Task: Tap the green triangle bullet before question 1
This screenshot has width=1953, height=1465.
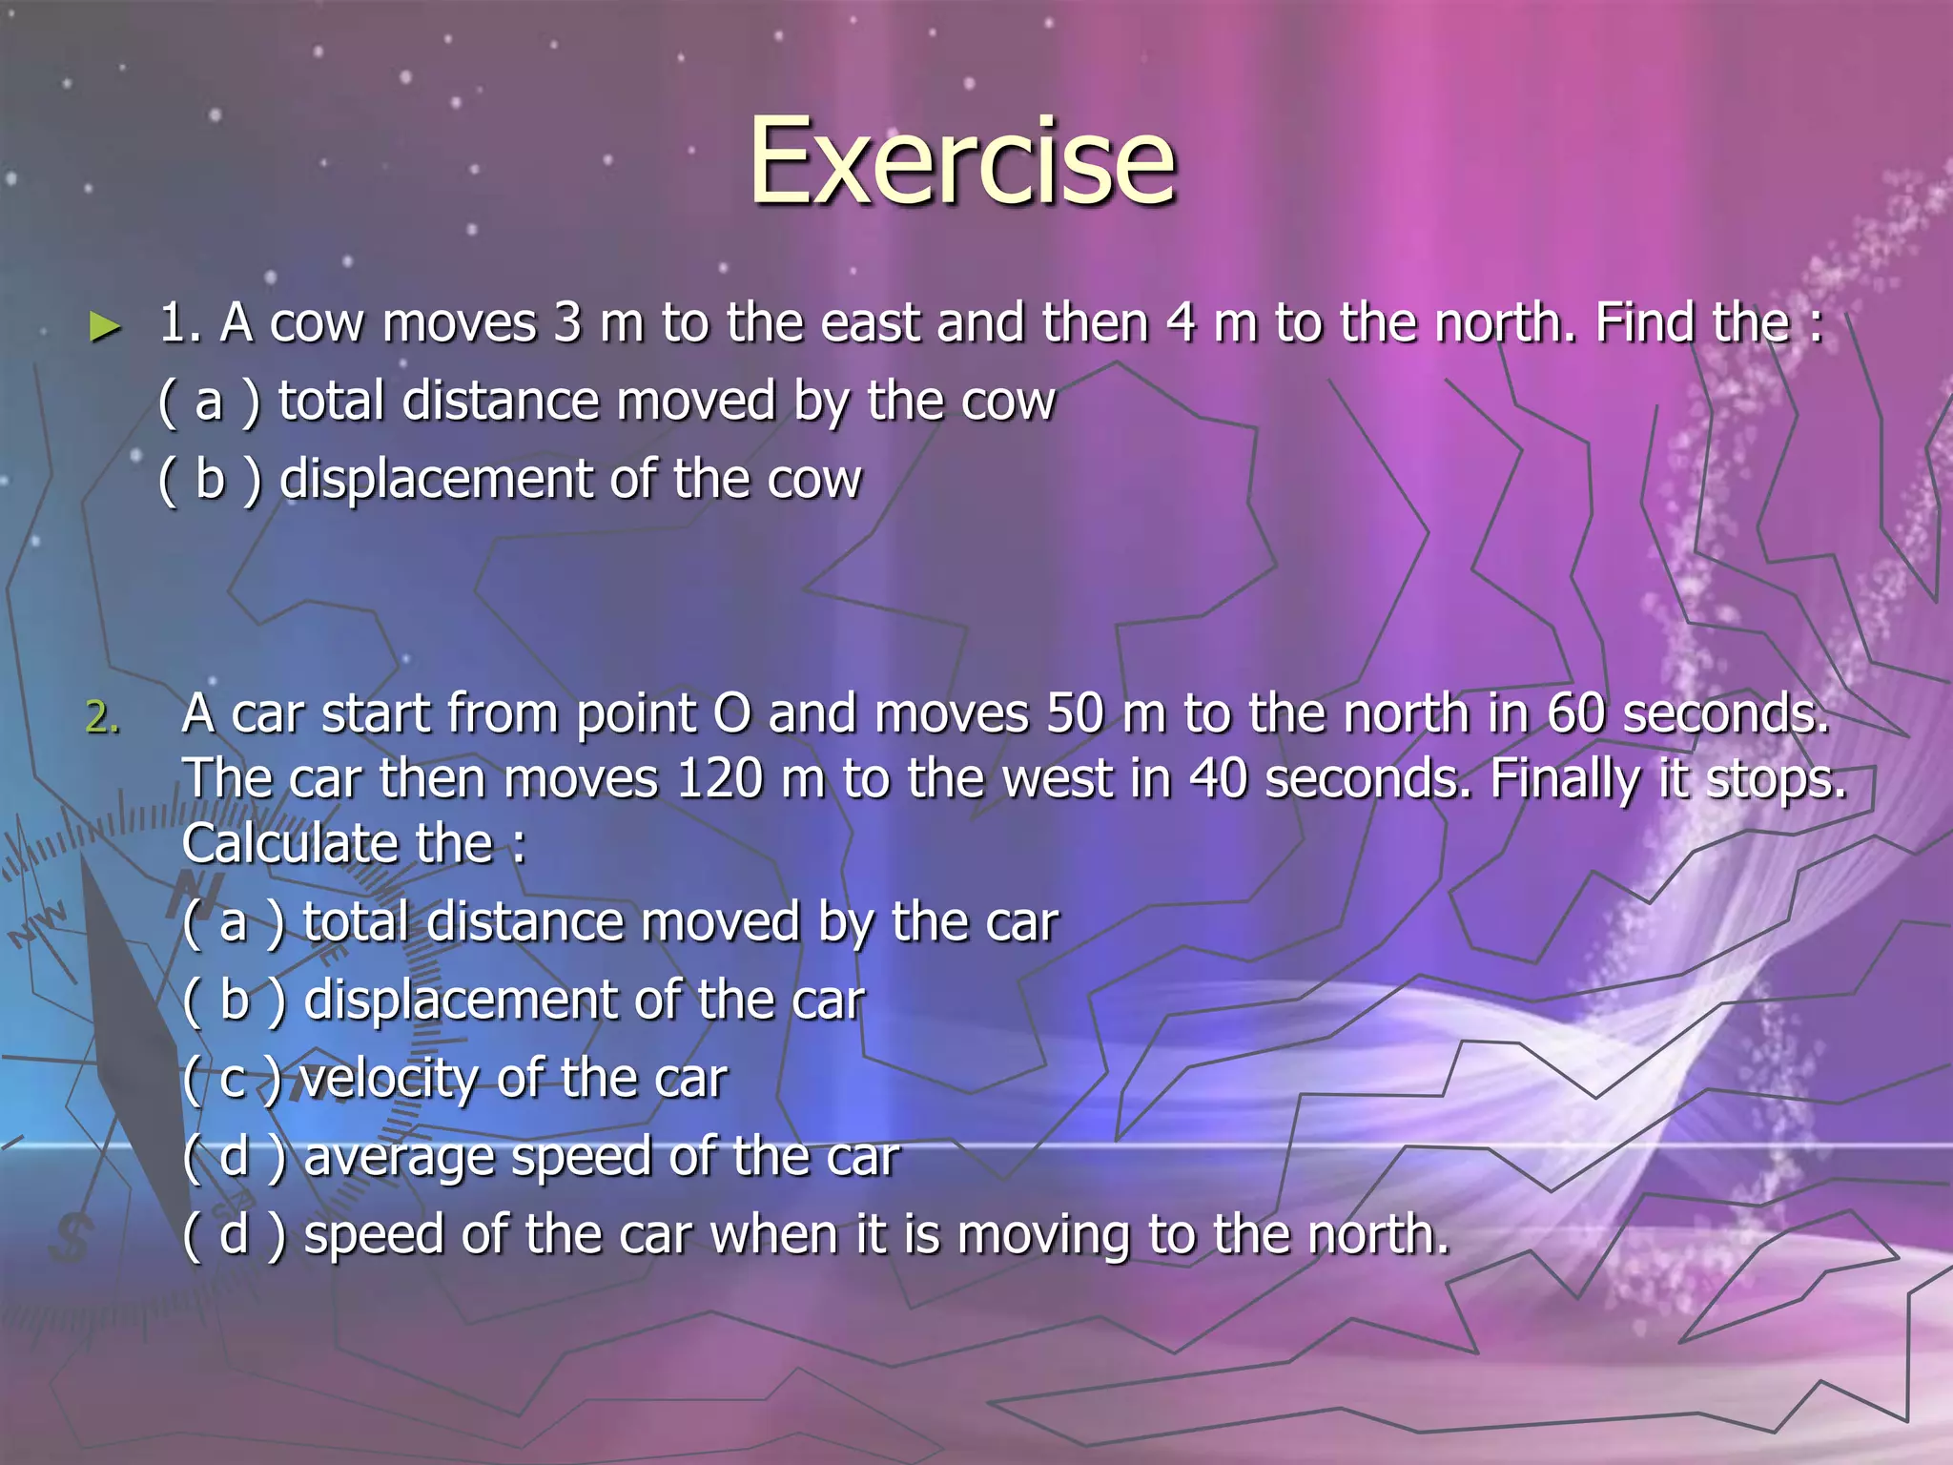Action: pos(105,327)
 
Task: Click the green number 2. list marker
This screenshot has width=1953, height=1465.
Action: pos(103,717)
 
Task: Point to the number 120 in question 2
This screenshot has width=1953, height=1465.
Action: pos(719,778)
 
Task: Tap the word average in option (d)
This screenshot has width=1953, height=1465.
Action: pos(400,1158)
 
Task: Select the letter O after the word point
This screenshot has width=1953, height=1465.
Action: pos(731,713)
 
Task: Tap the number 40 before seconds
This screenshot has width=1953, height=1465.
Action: pos(1218,778)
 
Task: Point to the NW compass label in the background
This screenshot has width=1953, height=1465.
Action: pos(38,923)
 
